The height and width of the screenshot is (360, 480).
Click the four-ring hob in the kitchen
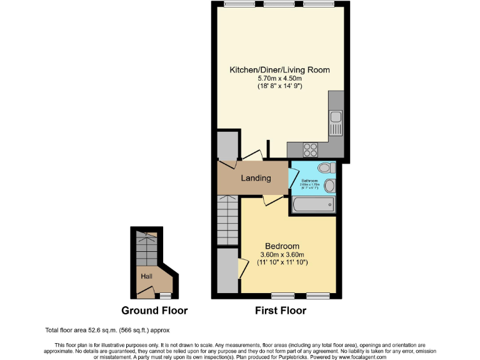tap(311, 149)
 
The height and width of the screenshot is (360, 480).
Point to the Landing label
tap(256, 178)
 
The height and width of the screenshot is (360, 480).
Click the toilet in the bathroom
tap(324, 167)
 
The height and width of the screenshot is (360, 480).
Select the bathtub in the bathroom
tap(312, 204)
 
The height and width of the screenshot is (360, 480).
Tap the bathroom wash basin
tap(329, 185)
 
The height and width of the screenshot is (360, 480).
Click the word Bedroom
tap(282, 246)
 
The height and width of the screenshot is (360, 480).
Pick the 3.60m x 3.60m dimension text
tap(282, 254)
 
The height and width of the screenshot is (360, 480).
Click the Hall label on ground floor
tap(146, 275)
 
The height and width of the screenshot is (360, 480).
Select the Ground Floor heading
tap(154, 311)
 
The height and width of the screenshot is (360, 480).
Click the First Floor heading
tap(281, 311)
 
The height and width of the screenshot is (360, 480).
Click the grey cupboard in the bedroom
tap(228, 270)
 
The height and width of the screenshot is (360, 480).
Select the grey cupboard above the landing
tap(227, 146)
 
